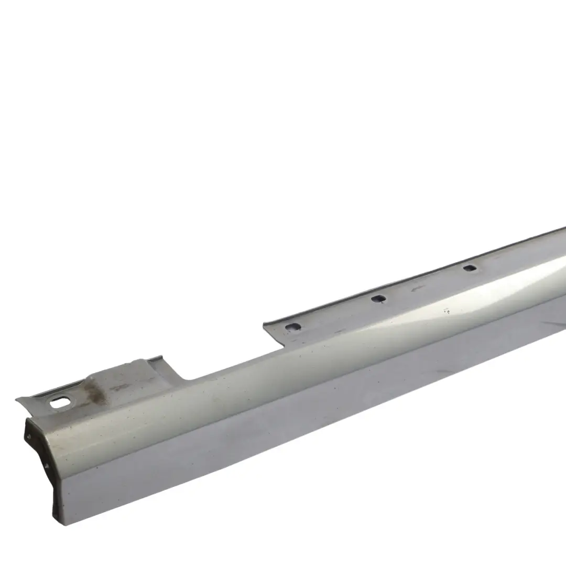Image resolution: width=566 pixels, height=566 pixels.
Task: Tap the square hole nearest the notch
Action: pos(293,327)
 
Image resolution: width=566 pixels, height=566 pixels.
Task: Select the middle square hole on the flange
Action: pos(378,299)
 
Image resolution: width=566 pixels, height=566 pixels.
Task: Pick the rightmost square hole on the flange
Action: pos(470,268)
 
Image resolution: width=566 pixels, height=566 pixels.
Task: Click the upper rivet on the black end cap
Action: pos(29,434)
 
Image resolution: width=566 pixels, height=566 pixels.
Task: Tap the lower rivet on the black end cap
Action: pos(47,464)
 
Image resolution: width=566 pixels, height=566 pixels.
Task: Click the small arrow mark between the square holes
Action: pos(417,287)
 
